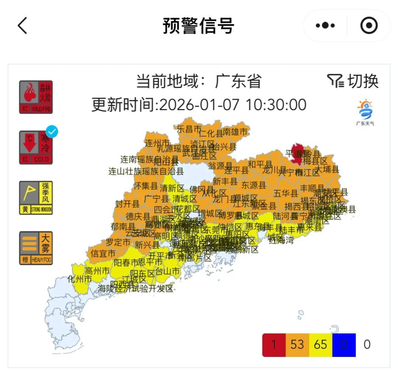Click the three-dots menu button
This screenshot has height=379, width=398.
325,26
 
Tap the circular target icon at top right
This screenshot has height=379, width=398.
369,26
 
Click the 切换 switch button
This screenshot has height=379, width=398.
353,81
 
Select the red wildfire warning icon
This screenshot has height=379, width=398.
36,97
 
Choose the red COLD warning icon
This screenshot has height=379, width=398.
36,148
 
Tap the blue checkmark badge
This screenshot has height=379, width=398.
52,132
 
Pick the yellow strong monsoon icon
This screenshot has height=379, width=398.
36,198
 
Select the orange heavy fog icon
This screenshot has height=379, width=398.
36,248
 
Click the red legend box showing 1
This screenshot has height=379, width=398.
273,345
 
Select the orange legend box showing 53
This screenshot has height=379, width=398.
297,345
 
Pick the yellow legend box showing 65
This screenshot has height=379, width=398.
321,345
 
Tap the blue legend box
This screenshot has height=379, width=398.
344,345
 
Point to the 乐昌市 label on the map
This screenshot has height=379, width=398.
189,129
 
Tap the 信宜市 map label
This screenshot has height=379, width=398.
103,253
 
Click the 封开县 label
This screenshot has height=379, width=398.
127,204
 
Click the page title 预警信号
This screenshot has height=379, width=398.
199,26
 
